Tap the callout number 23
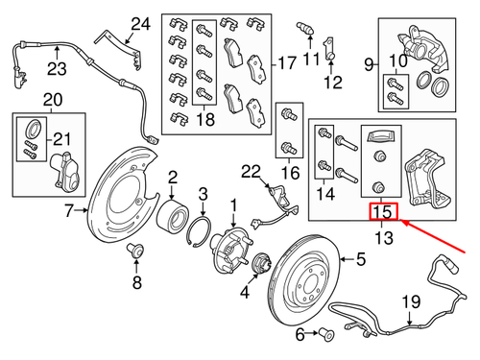[x=56, y=67]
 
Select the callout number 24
[x=141, y=24]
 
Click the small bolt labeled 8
[x=135, y=252]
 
